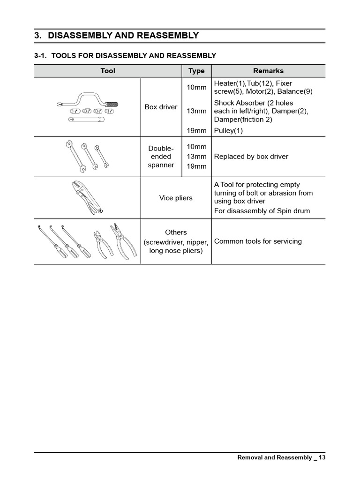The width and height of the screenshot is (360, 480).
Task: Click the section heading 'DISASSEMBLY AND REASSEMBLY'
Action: (x=123, y=36)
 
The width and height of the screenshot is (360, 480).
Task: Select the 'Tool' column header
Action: (x=107, y=71)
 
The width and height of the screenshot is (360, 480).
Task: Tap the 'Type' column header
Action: (x=196, y=71)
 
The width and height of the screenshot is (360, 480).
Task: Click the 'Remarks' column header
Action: (x=268, y=71)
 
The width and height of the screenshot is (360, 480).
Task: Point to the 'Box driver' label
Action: (x=161, y=107)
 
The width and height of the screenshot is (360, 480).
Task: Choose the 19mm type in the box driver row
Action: (x=196, y=131)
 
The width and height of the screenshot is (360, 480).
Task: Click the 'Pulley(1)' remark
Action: (x=228, y=131)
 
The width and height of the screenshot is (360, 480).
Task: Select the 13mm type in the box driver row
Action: (x=196, y=111)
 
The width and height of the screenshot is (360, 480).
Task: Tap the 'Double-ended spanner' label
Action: (x=161, y=157)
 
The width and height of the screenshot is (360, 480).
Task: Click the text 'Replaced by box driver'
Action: (x=251, y=157)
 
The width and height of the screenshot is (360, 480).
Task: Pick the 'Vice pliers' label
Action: (x=176, y=198)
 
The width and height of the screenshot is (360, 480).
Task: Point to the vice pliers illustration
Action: (x=87, y=197)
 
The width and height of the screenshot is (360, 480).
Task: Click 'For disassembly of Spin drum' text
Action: (x=262, y=211)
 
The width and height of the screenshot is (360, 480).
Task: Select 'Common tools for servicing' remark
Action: (x=258, y=241)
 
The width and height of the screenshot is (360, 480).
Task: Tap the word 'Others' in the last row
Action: (x=176, y=232)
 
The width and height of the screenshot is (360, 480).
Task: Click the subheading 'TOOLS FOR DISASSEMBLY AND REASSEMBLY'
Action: (x=134, y=56)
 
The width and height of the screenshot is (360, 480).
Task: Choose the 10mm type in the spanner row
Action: (x=196, y=147)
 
